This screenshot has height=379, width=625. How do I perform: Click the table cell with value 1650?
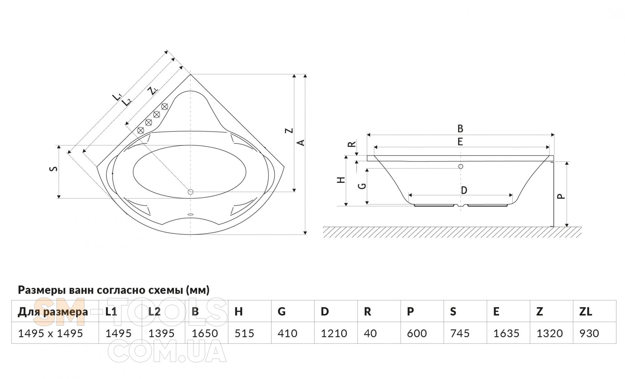click(x=205, y=333)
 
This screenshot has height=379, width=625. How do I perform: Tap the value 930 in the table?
click(x=589, y=333)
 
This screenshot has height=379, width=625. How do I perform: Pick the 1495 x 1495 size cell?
click(x=50, y=333)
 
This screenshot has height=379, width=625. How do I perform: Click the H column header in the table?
click(x=239, y=312)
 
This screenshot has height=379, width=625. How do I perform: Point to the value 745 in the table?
click(x=460, y=333)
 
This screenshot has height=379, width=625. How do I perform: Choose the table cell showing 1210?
click(x=334, y=333)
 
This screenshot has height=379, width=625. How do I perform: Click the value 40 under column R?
click(x=370, y=333)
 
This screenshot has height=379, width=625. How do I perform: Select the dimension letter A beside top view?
click(x=301, y=143)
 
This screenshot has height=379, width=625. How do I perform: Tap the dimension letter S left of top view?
click(x=55, y=169)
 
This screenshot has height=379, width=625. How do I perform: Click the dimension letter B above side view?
click(x=460, y=129)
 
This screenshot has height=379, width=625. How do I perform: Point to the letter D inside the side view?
click(x=464, y=190)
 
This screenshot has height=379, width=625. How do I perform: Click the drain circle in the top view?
click(x=191, y=192)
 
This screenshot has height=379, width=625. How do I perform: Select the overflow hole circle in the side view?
click(x=461, y=167)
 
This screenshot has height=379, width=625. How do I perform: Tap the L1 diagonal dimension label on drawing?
click(x=117, y=97)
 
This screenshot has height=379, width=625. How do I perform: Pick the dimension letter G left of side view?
click(x=362, y=186)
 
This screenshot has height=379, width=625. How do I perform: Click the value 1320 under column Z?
click(x=549, y=333)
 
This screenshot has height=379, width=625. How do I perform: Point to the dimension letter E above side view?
click(x=460, y=142)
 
